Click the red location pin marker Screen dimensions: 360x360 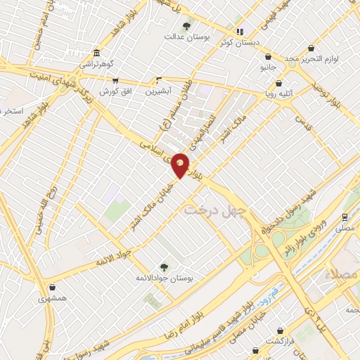coord(180,165)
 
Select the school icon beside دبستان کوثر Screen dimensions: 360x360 coord(240,31)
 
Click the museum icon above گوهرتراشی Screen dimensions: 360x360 coord(96,53)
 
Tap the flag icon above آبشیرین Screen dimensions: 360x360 coord(159,80)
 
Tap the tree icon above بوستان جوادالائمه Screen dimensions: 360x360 coord(164,267)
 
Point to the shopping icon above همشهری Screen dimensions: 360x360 coord(53,288)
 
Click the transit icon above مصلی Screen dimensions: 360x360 coord(345,217)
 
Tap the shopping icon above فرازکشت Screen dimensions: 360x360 coord(281,330)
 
